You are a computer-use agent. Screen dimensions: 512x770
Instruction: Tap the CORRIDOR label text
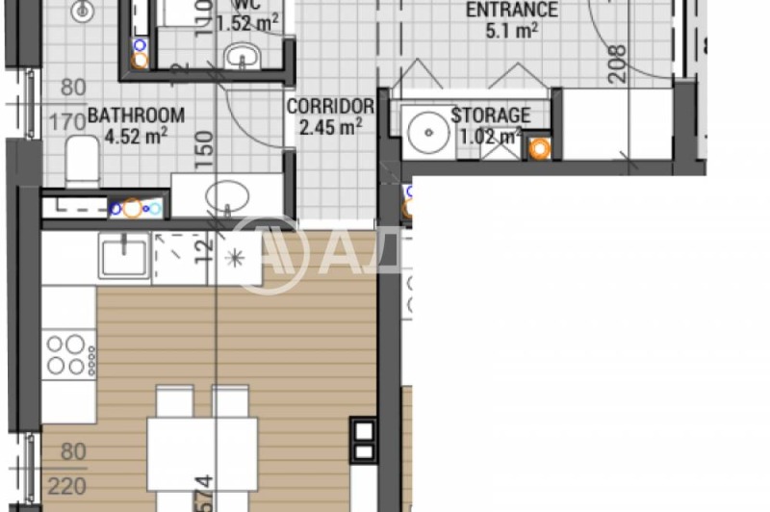330,105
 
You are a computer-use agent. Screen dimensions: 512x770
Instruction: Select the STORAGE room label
491,115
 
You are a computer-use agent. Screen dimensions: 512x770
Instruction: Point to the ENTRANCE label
511,11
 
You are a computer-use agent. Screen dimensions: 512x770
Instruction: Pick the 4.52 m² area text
135,136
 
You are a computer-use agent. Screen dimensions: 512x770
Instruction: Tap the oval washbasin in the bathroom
228,196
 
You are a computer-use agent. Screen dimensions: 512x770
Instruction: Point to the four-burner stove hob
68,353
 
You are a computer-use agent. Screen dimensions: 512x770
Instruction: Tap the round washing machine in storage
423,130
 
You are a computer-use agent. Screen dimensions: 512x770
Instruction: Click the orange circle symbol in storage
540,148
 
